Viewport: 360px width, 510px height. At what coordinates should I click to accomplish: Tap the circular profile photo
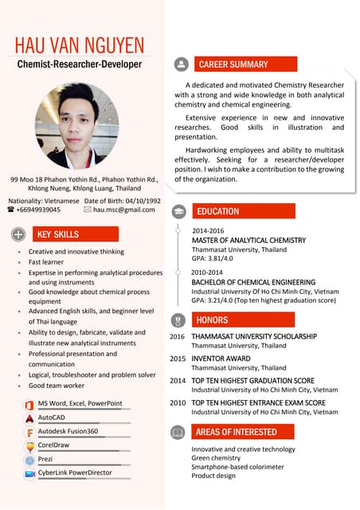77,126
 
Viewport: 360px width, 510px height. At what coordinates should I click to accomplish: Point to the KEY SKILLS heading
58,234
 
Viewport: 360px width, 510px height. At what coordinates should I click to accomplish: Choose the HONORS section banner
213,320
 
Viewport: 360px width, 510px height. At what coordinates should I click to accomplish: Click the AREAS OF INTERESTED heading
237,432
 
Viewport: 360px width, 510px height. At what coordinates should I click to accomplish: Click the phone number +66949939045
38,210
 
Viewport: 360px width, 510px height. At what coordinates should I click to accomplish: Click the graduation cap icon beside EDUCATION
181,212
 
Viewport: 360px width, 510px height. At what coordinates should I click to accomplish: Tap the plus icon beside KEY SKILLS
18,234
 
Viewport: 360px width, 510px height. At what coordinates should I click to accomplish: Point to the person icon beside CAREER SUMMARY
182,65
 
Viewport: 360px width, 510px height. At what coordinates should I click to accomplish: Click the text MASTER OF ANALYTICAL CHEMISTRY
248,240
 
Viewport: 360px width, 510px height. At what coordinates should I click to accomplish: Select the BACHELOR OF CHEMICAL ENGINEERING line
253,282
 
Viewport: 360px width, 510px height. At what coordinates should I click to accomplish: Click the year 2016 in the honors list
178,337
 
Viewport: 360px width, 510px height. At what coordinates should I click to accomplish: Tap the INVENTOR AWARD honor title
221,359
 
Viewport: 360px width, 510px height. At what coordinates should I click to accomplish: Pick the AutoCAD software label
52,417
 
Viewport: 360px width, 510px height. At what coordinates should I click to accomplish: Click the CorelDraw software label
54,445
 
